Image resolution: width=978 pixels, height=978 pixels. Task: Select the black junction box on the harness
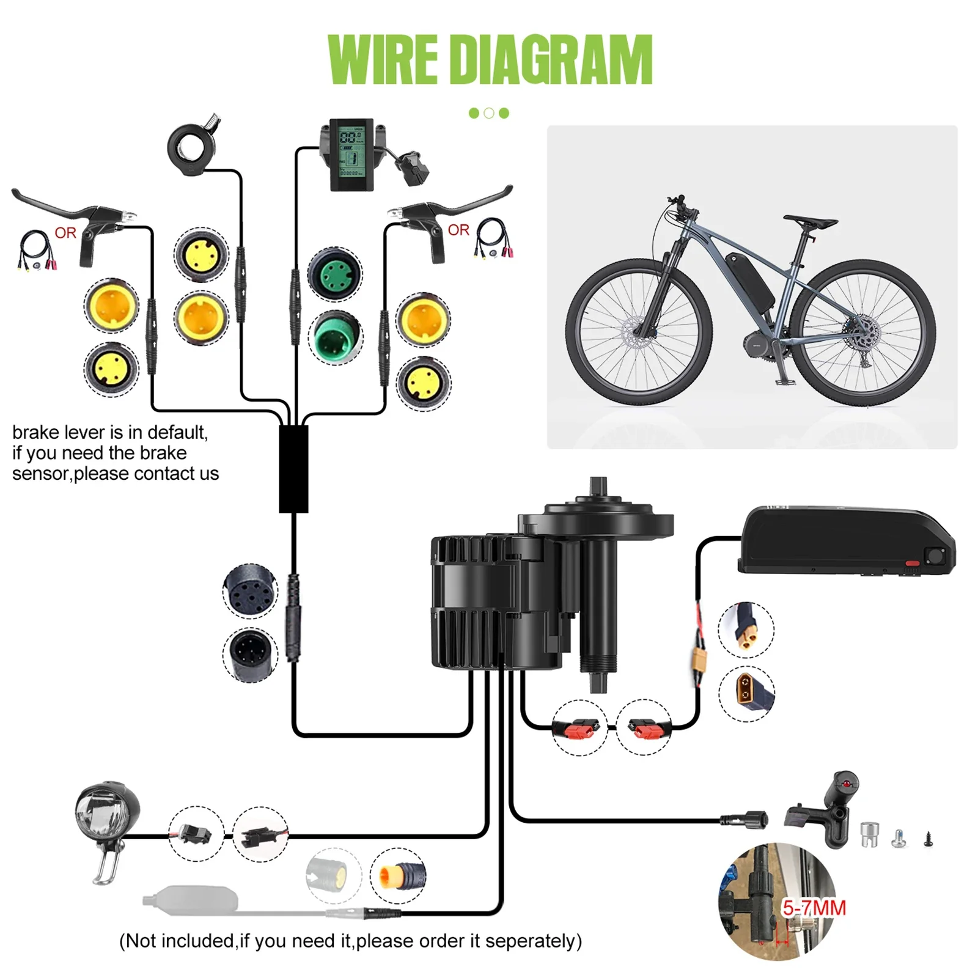(293, 469)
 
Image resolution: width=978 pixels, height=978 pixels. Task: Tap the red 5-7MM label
(814, 908)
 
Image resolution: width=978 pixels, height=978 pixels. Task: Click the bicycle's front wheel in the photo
(639, 333)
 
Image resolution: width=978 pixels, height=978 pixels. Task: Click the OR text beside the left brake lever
(65, 233)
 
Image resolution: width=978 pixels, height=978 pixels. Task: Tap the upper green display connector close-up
(334, 274)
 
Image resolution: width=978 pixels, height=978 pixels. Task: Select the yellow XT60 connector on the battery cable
(698, 661)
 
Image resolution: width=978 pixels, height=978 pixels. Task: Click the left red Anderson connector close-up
(579, 728)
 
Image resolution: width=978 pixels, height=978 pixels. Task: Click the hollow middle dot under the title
(488, 113)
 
